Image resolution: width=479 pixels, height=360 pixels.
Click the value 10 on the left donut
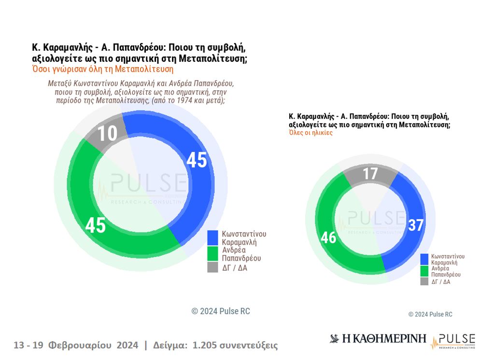(107, 133)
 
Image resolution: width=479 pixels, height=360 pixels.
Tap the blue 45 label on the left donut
(197, 160)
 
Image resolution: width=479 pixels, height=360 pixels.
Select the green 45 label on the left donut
(96, 225)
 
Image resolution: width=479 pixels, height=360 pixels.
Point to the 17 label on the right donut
(370, 173)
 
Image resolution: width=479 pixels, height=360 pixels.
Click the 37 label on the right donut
(415, 225)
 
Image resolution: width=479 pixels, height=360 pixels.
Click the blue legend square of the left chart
(213, 237)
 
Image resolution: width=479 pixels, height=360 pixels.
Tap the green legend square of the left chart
(213, 253)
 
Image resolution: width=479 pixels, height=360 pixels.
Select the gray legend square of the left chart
(213, 267)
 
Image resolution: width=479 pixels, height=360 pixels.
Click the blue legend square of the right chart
(424, 259)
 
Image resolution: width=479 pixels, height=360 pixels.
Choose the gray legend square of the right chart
(424, 281)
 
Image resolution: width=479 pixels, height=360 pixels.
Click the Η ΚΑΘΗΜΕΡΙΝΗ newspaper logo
(378, 339)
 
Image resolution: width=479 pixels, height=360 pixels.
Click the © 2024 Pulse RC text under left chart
(221, 311)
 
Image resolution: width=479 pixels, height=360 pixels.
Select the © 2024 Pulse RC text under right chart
(430, 314)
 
